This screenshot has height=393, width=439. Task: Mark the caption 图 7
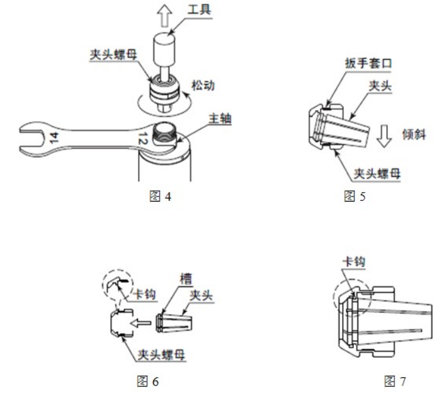395,380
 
